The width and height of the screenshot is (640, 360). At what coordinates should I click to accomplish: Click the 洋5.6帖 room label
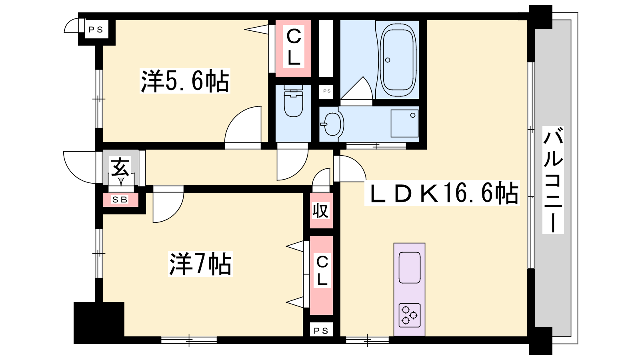point(185,81)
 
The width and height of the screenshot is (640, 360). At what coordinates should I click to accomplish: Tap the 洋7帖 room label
point(200,264)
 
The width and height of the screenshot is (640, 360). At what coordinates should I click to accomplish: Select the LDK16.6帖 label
point(442,193)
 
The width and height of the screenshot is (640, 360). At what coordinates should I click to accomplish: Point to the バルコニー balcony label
point(553,180)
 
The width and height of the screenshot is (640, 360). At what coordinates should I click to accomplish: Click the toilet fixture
point(294,100)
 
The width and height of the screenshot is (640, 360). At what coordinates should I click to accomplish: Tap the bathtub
point(398,59)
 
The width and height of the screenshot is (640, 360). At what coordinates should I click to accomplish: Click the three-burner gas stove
point(410,315)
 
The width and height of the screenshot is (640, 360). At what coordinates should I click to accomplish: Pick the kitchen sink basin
point(410,268)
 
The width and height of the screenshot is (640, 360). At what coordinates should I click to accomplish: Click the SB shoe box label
point(120,200)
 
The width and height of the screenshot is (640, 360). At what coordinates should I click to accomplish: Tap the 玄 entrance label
point(120,168)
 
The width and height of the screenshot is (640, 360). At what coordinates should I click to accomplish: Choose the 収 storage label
point(320,211)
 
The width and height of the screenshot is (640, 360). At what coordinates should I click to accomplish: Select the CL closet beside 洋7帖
point(322,275)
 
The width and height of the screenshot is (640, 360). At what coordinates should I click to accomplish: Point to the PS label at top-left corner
point(96,30)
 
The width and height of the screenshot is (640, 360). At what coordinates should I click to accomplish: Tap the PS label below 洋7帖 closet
point(321,330)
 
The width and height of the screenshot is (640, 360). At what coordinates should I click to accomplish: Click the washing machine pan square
point(404,124)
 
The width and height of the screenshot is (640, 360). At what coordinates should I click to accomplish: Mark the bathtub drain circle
point(388,60)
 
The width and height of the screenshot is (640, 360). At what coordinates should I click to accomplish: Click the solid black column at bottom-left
point(99,322)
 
